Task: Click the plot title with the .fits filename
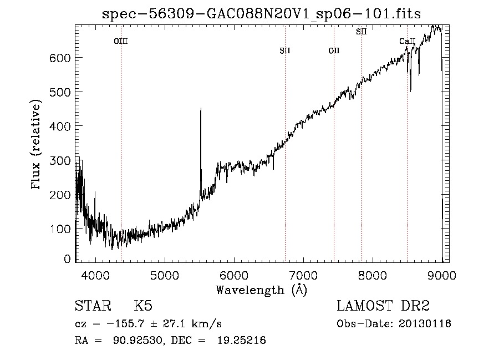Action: click(x=262, y=14)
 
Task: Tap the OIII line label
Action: click(x=121, y=40)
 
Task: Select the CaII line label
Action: click(x=408, y=41)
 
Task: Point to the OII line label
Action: click(x=334, y=50)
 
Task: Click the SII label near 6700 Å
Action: click(x=285, y=50)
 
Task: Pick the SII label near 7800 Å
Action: click(x=361, y=32)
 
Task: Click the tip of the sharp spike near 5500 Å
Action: click(x=200, y=109)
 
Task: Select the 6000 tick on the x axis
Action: click(x=234, y=275)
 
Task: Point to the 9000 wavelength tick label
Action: click(x=442, y=275)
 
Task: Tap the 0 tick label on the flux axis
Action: click(x=67, y=259)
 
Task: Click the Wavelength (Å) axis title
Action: click(x=261, y=289)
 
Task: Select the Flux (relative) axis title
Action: click(x=37, y=145)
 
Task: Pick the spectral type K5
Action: click(x=142, y=306)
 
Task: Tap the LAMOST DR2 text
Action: click(x=383, y=306)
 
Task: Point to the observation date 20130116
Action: click(x=424, y=323)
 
